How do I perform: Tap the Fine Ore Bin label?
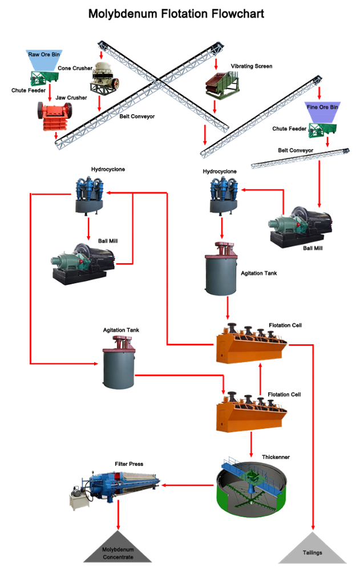(322, 107)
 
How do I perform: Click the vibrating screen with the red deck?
(220, 84)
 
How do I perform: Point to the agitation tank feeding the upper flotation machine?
(221, 268)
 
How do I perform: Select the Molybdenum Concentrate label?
(118, 553)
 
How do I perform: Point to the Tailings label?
(312, 553)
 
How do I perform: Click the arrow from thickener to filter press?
(188, 485)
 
